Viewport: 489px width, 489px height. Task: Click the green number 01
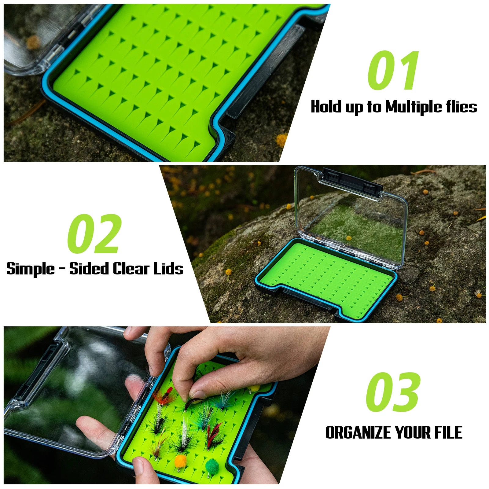click(393, 71)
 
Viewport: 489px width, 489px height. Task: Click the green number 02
click(94, 234)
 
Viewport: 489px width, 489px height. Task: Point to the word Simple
click(30, 269)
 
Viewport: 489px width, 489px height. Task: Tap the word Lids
click(168, 269)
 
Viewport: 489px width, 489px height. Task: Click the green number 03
click(393, 392)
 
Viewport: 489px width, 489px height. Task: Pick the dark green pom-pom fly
click(211, 466)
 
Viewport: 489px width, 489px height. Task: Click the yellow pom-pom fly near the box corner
click(256, 388)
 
